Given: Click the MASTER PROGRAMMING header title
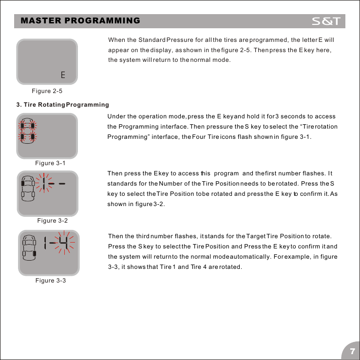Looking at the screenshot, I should pos(81,21).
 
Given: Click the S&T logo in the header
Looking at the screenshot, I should pos(328,21).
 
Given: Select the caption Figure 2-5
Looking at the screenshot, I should pos(47,91).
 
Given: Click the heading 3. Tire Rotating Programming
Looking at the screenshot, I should pos(62,105).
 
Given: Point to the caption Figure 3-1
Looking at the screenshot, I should pos(50,163).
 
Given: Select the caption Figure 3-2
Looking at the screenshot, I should pos(52,221).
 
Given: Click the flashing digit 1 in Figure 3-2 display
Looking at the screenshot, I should pos(44,186).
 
